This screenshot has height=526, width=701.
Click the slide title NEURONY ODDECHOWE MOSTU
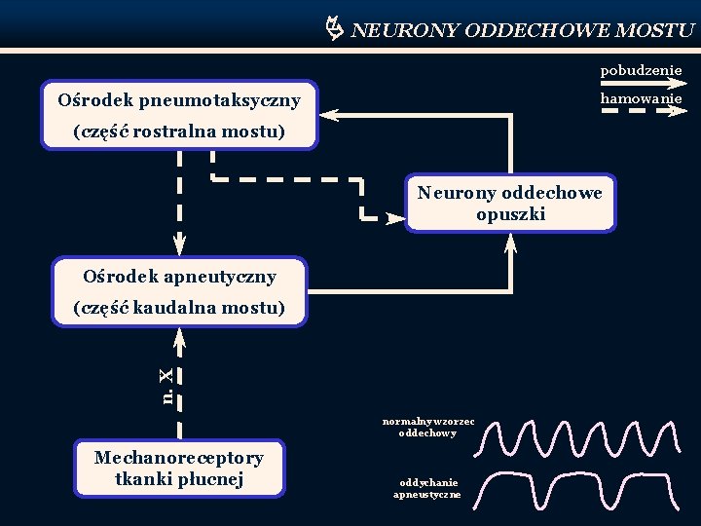click(522, 30)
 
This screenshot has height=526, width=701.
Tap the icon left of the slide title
click(332, 29)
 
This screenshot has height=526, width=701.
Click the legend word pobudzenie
click(641, 70)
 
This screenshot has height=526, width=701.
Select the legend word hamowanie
click(641, 98)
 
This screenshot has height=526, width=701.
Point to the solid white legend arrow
click(641, 84)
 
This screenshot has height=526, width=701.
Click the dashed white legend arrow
click(641, 111)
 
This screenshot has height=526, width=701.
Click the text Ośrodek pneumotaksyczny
click(179, 99)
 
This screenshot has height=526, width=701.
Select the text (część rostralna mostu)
click(179, 131)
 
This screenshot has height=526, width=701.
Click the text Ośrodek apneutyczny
click(179, 277)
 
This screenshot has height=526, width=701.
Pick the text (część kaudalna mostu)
click(179, 309)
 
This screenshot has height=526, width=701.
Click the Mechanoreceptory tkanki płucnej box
click(178, 469)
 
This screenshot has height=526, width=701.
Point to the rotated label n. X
click(167, 386)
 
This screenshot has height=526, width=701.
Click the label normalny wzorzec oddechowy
click(428, 427)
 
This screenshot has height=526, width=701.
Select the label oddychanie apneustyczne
click(427, 488)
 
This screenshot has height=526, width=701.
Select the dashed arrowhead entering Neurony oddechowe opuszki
click(393, 218)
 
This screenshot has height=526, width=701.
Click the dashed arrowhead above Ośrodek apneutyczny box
click(180, 245)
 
